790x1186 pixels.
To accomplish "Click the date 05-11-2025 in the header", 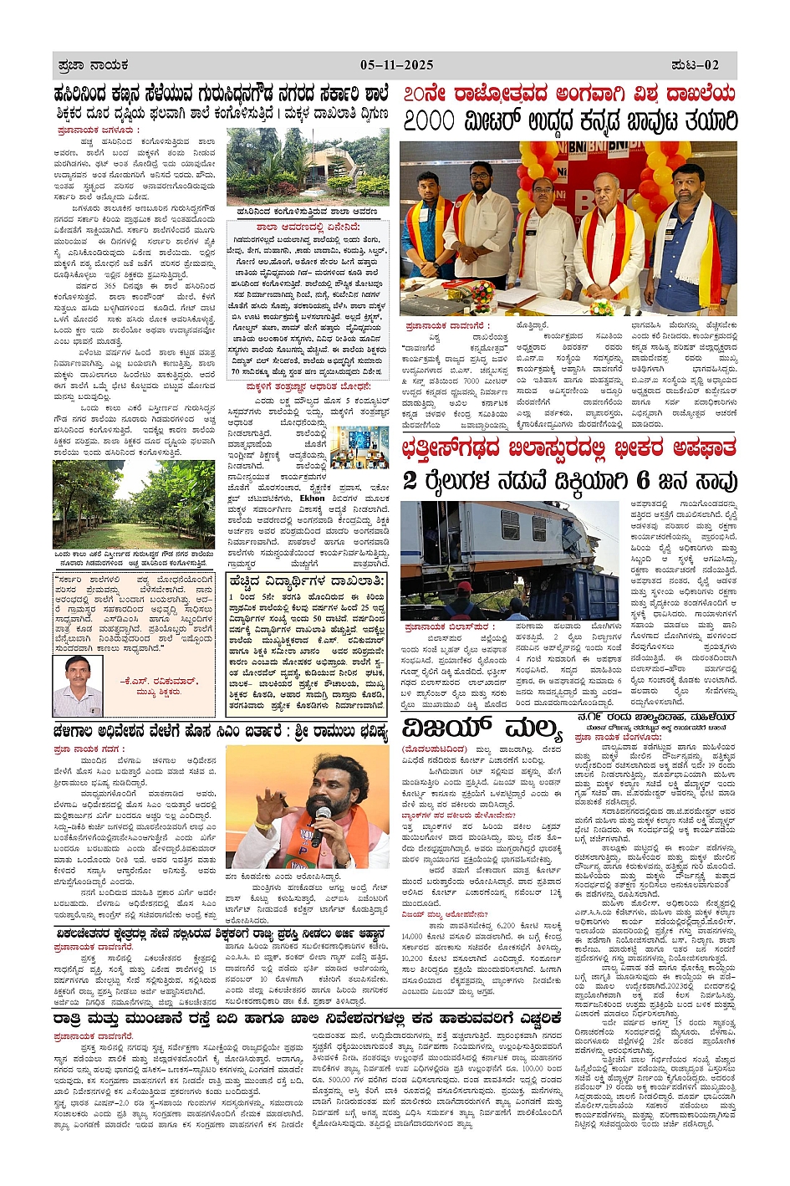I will (x=397, y=64).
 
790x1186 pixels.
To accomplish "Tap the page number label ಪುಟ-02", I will (x=696, y=64).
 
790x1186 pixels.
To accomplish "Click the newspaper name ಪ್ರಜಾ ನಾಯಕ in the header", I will (x=93, y=64).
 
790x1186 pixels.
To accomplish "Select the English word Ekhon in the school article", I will (x=312, y=498).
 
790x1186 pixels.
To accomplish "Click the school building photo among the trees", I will (x=308, y=167).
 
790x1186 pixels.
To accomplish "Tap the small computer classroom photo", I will (x=359, y=447).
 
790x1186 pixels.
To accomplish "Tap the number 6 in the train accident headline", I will (x=642, y=480).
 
